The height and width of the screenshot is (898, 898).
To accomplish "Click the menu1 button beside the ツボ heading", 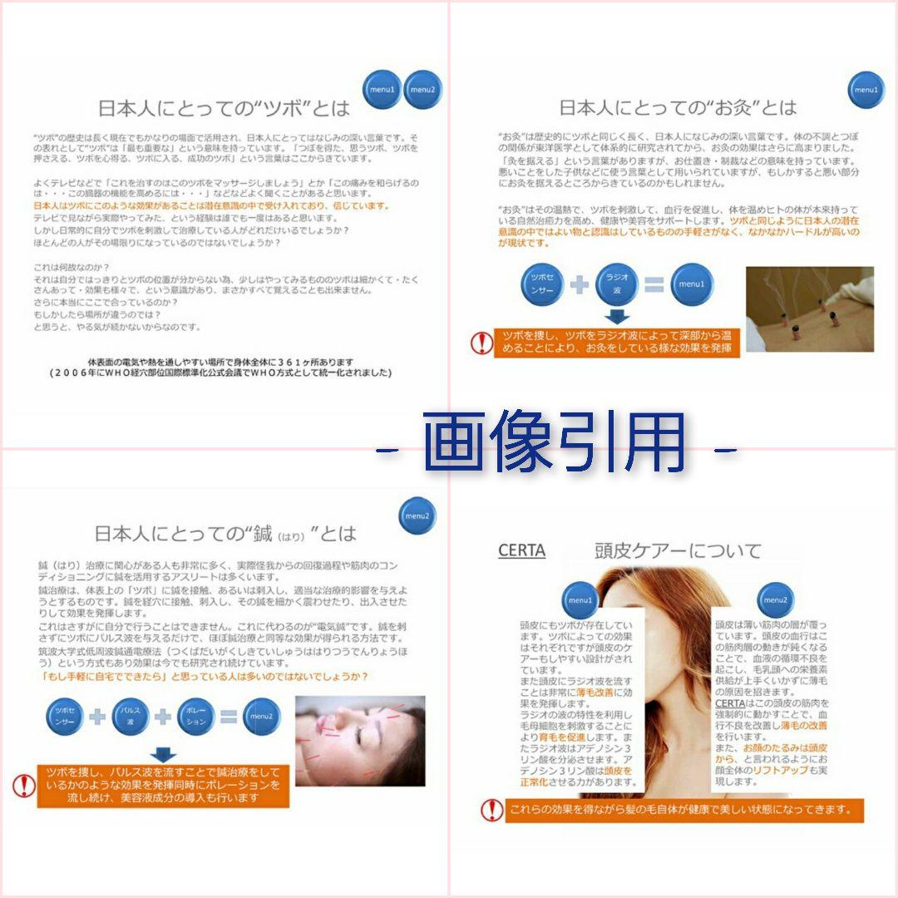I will [382, 90].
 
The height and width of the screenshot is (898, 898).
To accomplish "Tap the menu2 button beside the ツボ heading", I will [422, 90].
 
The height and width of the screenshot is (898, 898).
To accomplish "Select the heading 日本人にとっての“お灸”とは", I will [677, 108].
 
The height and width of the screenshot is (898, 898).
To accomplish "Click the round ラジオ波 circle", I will [617, 284].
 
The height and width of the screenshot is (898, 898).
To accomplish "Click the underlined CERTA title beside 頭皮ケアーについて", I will [521, 550].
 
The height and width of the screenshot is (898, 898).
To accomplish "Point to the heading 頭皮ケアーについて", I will [678, 550].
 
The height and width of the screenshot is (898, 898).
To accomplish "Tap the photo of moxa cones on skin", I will [809, 308].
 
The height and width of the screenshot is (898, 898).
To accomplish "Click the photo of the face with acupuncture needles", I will [360, 741].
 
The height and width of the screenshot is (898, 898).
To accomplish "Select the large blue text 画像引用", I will [555, 445].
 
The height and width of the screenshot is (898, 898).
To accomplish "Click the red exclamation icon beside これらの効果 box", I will [491, 810].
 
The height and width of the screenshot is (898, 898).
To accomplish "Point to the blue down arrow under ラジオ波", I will [617, 317].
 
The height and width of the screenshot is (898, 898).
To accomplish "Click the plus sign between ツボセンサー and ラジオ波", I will [580, 284].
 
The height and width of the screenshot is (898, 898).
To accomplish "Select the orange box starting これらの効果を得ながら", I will [683, 810].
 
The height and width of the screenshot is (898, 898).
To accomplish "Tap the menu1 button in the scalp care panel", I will [580, 599].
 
